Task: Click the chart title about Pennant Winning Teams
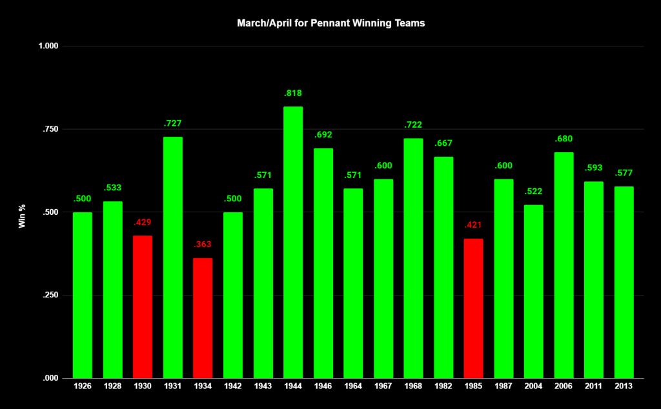point(330,23)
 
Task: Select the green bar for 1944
point(293,242)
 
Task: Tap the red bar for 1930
point(143,306)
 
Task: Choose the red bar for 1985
point(473,308)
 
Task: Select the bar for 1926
point(83,295)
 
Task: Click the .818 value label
point(293,94)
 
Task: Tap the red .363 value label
point(203,244)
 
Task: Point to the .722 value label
point(413,125)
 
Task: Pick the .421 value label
point(473,225)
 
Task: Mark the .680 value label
point(564,139)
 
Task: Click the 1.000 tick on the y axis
point(48,46)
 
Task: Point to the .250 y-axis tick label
point(50,295)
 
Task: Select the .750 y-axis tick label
point(50,129)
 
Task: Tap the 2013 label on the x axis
point(624,386)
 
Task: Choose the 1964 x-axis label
point(353,386)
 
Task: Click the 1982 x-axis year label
point(443,386)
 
